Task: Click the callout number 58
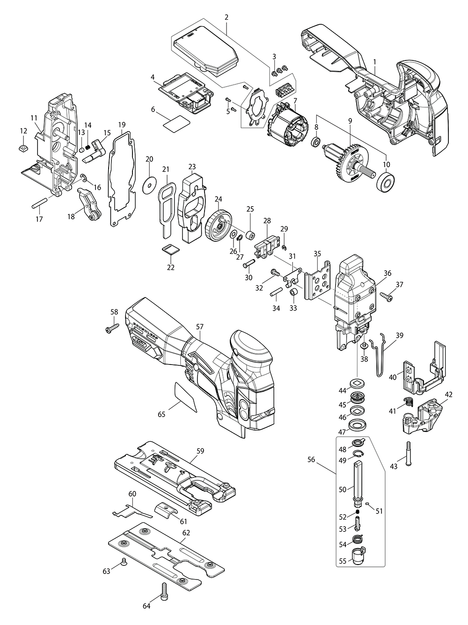point(114,312)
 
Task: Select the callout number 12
point(23,131)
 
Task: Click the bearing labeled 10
point(387,181)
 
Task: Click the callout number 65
point(161,414)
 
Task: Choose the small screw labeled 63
point(124,561)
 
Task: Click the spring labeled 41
point(409,402)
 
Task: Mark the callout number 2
point(227,17)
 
